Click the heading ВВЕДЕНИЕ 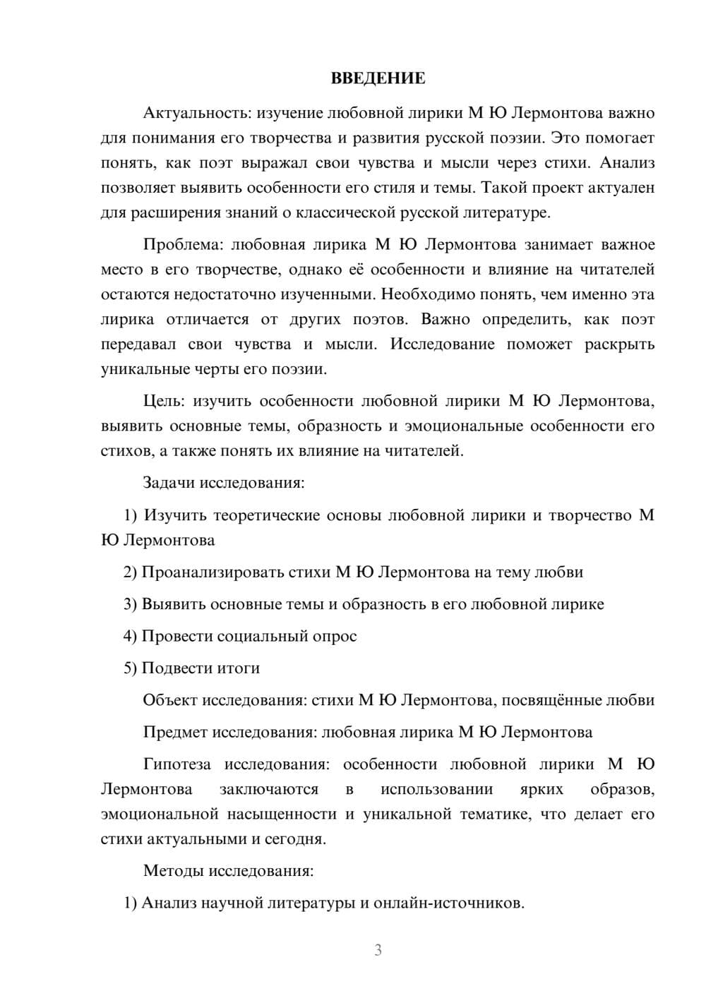click(x=378, y=78)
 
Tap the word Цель click(x=163, y=401)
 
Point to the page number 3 click(x=378, y=950)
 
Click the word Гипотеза click(x=179, y=764)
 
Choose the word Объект click(x=170, y=700)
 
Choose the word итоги click(x=237, y=668)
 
